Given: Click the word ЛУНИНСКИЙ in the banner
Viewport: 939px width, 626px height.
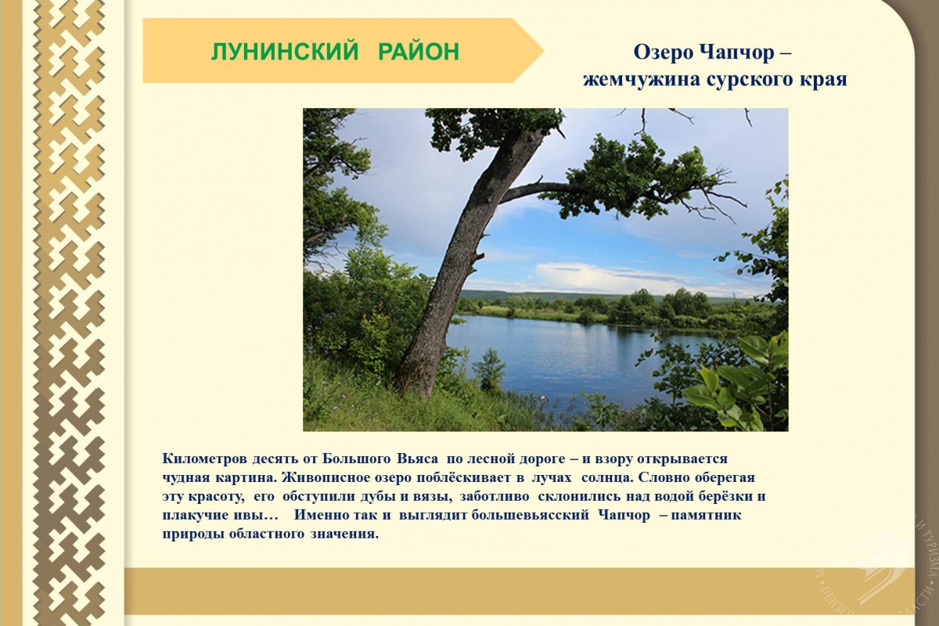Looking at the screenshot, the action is tap(285, 52).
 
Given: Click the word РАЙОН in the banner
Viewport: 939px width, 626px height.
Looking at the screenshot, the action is tap(419, 52).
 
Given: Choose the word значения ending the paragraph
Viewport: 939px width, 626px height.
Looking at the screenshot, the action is tap(344, 534).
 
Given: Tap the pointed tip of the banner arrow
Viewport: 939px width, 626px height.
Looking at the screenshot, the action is tap(544, 51).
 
